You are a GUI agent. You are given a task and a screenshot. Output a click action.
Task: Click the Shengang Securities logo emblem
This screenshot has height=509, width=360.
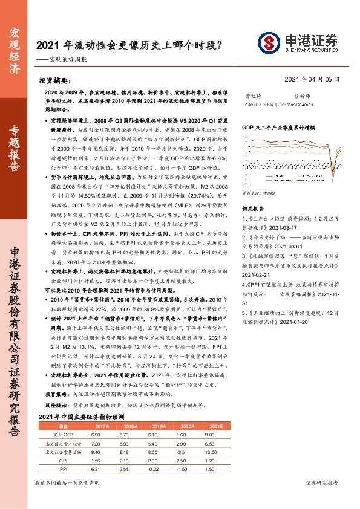pos(269,44)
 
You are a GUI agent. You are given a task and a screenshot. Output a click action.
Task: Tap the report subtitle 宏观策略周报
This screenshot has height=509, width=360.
pos(70,60)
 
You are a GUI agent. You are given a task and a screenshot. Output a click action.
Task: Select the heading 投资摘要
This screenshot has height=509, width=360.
pos(55,80)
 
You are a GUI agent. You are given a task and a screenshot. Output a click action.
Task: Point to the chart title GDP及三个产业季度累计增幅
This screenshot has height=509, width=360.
pos(278,129)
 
